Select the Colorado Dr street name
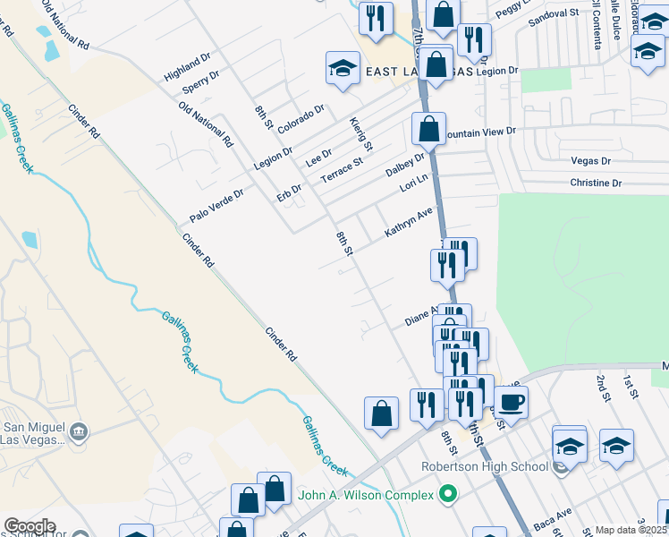(x=301, y=120)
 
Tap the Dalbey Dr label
(x=405, y=165)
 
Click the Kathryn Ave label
(x=409, y=222)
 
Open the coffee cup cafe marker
(x=511, y=401)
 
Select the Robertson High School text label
(x=485, y=466)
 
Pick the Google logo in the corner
(x=30, y=526)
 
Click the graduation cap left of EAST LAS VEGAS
(x=342, y=70)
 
